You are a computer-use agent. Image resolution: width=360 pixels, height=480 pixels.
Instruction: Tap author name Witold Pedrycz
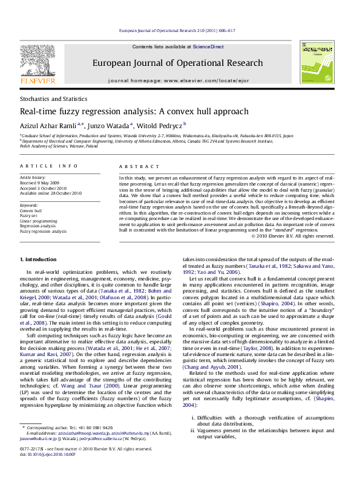tap(157, 125)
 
